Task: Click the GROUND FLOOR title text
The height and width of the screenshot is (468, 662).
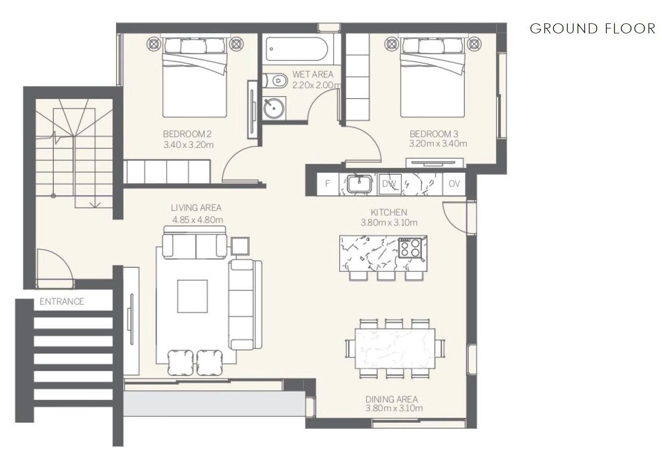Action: [x=593, y=29]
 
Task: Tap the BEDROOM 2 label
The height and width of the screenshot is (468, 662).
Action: [x=187, y=134]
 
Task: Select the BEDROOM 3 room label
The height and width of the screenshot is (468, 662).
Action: [x=434, y=134]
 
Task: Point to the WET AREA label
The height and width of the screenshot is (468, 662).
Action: [x=313, y=74]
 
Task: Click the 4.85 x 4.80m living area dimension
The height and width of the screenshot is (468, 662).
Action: [x=197, y=220]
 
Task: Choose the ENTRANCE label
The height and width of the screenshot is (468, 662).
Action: [x=62, y=301]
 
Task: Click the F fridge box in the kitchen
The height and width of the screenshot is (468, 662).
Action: [x=328, y=184]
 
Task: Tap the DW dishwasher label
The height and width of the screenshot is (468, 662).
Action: [x=389, y=184]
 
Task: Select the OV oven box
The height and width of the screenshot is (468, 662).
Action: [x=454, y=184]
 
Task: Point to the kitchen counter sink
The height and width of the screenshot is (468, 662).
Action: [x=359, y=184]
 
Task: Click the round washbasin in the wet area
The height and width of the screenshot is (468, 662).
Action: [x=274, y=108]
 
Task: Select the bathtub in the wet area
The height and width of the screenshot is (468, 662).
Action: [x=296, y=49]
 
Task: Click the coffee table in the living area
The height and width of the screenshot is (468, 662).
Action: [x=192, y=296]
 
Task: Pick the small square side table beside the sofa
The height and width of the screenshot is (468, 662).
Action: [x=240, y=246]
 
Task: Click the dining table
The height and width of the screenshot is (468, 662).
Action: [x=395, y=349]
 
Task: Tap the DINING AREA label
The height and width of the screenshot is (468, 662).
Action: [x=392, y=399]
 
